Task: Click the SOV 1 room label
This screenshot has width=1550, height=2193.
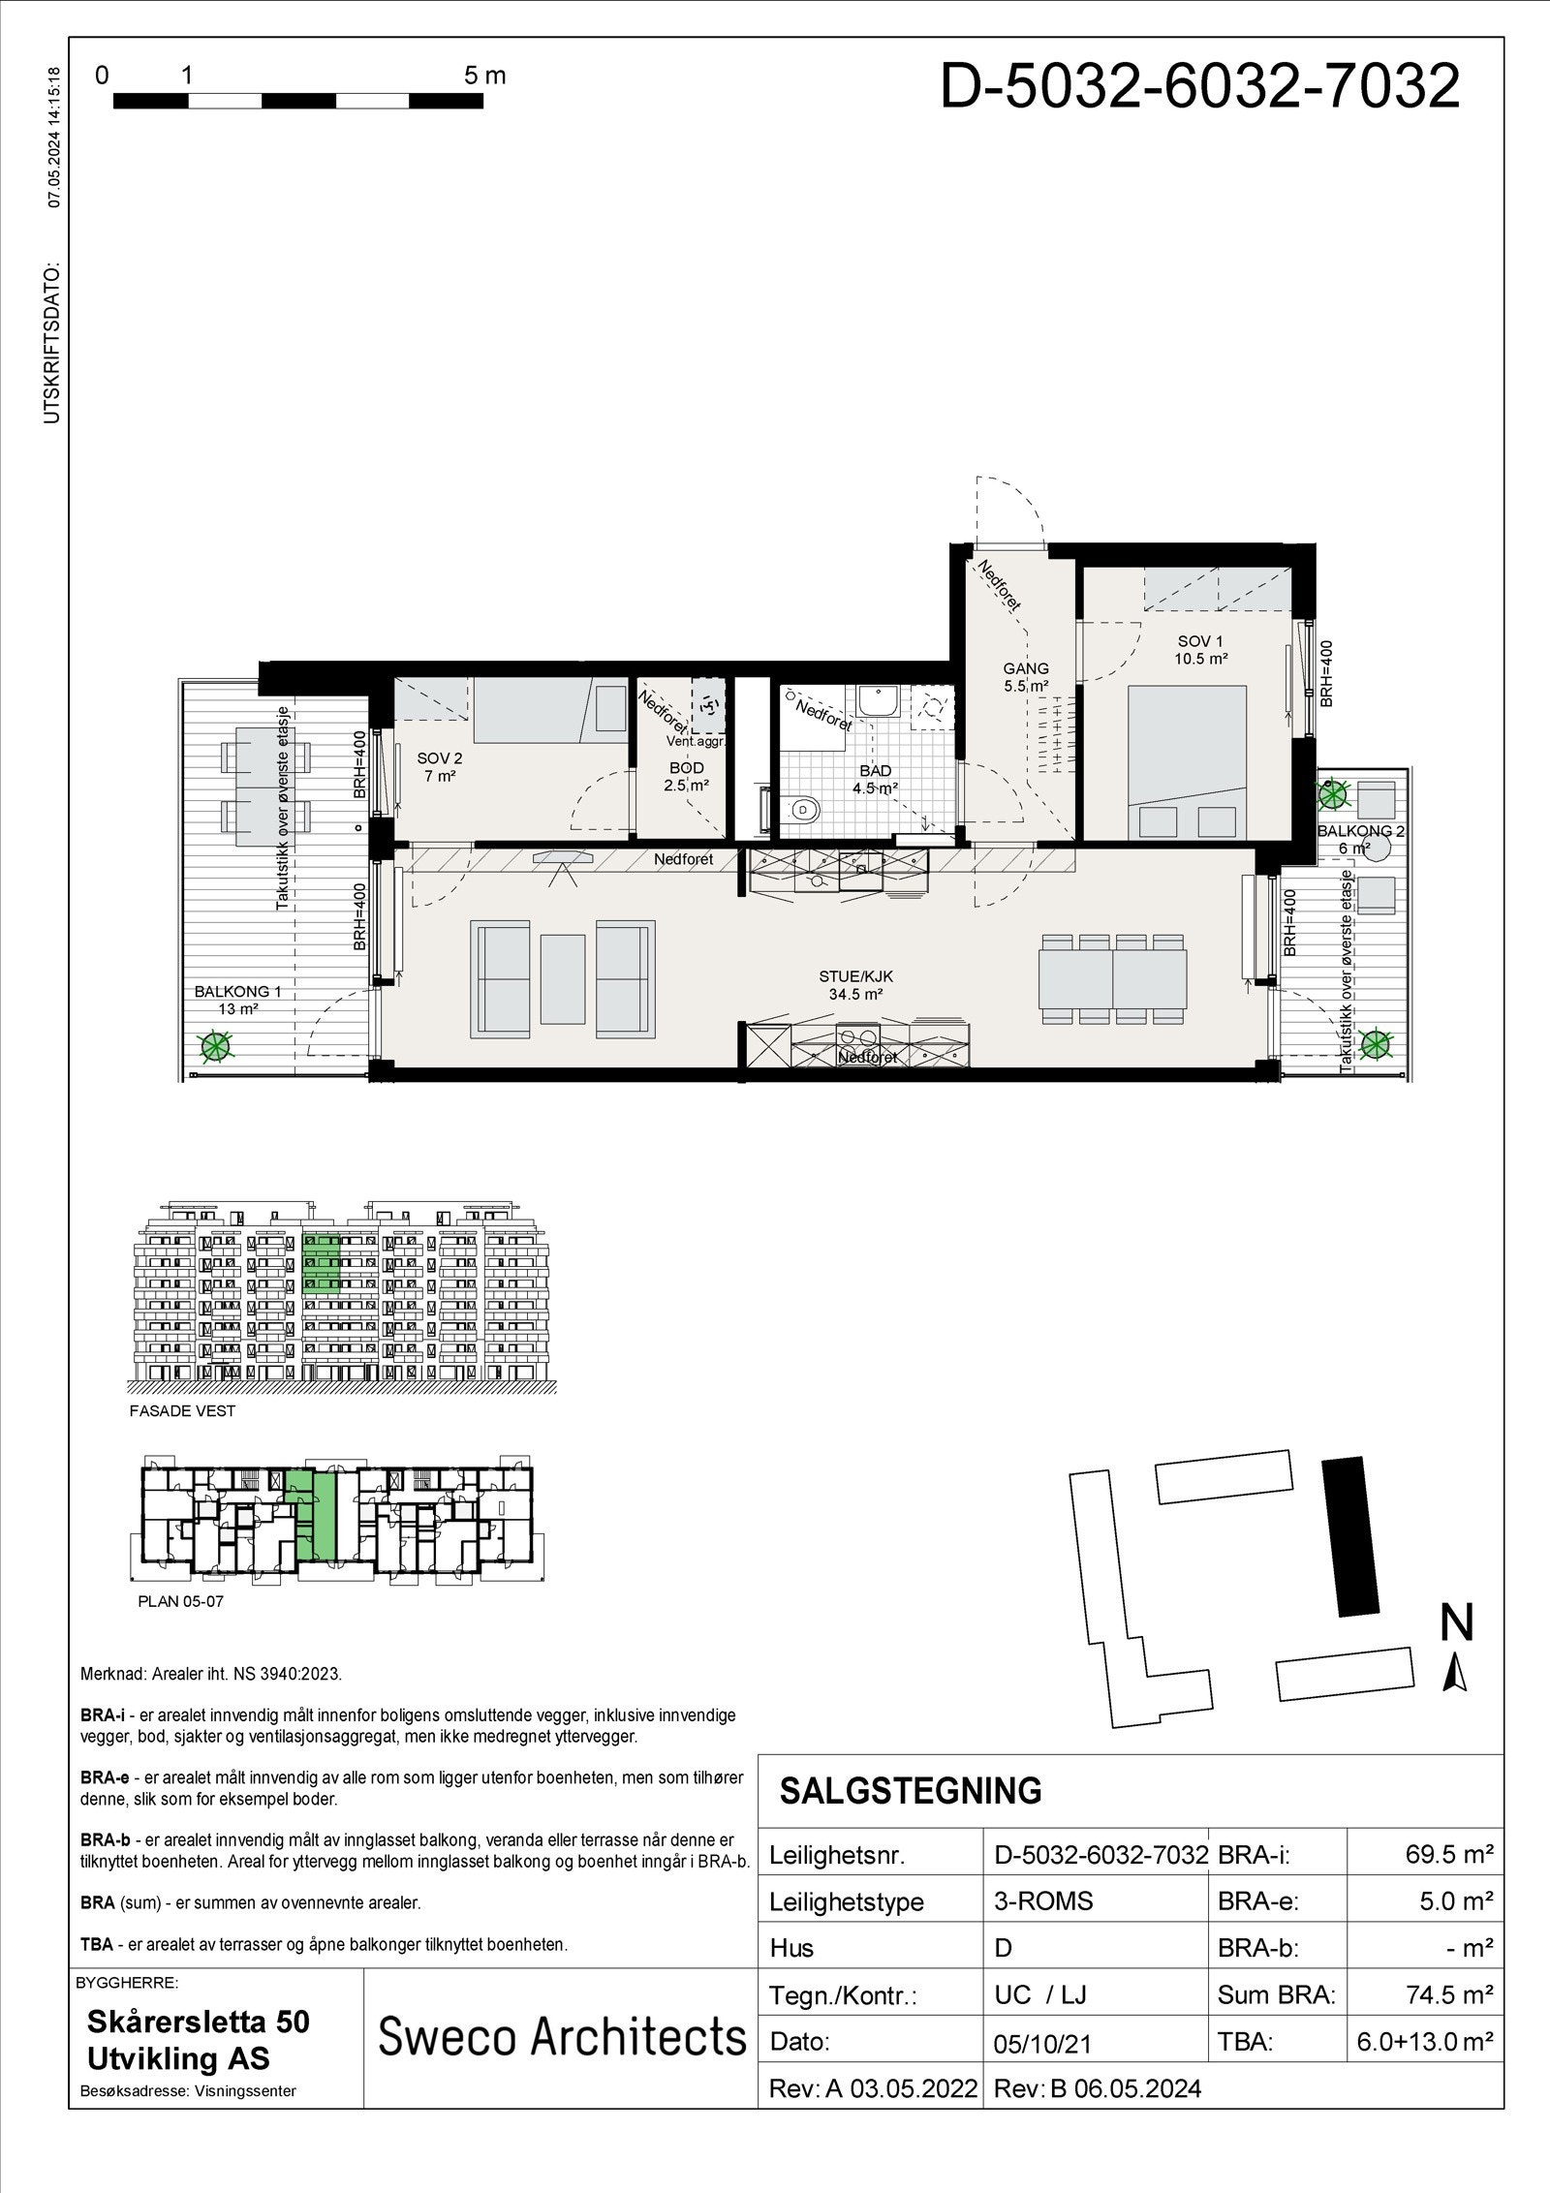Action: tap(1202, 649)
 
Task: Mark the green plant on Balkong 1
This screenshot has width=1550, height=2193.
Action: tap(215, 1045)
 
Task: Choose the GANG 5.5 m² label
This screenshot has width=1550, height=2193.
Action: tap(1026, 677)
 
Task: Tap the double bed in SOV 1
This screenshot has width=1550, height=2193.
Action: tap(1188, 760)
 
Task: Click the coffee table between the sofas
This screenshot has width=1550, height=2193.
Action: tap(563, 978)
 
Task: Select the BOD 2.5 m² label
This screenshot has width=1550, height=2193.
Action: tap(686, 777)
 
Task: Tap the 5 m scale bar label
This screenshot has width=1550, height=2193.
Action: tap(484, 76)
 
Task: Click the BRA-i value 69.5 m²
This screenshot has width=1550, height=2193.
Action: tap(1447, 1854)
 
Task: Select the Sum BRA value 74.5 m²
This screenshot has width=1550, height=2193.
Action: tap(1447, 1994)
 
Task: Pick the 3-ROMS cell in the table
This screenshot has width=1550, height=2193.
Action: tap(1043, 1900)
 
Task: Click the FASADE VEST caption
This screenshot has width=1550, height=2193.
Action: tap(182, 1410)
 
